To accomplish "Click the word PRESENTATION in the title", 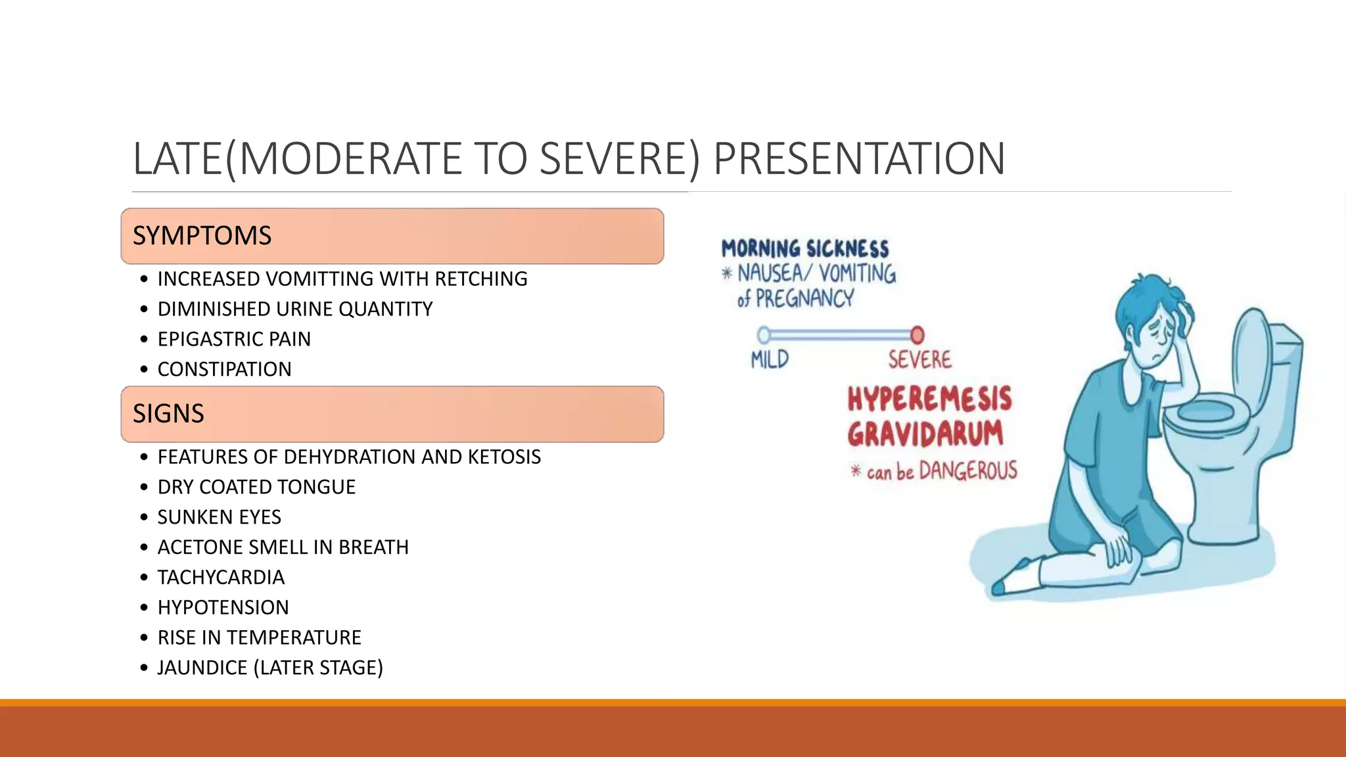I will [x=858, y=159].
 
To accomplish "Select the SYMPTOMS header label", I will [x=202, y=236].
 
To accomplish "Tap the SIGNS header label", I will [x=168, y=414].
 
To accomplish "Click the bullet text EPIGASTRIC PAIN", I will [x=234, y=339].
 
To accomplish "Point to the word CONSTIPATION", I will [x=224, y=369].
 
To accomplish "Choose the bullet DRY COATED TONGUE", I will [x=256, y=487].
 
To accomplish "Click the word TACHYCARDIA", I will [x=221, y=578].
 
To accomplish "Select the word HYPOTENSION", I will [x=223, y=608].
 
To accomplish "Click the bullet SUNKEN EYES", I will [x=219, y=517].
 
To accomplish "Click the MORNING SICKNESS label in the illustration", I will [x=804, y=249].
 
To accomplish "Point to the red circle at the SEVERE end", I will [x=917, y=335].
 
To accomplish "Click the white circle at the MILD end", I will [x=764, y=335].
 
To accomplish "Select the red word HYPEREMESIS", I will [x=929, y=399].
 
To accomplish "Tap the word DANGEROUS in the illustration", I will [x=967, y=470].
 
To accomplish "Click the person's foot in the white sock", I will [x=1015, y=578].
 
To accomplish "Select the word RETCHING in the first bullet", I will [x=480, y=279].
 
